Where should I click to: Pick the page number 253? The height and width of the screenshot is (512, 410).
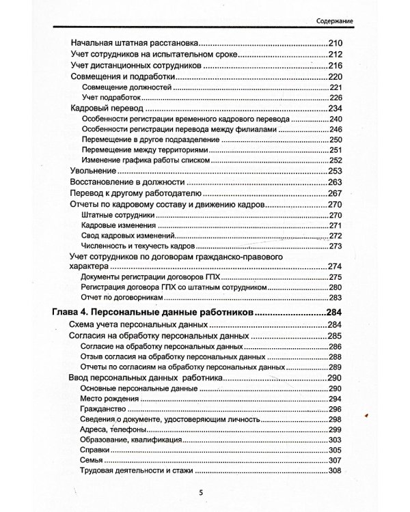pyautogui.click(x=335, y=170)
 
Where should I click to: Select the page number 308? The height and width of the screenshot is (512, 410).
pyautogui.click(x=335, y=471)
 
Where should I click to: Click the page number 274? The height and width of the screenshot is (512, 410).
pyautogui.click(x=335, y=266)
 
